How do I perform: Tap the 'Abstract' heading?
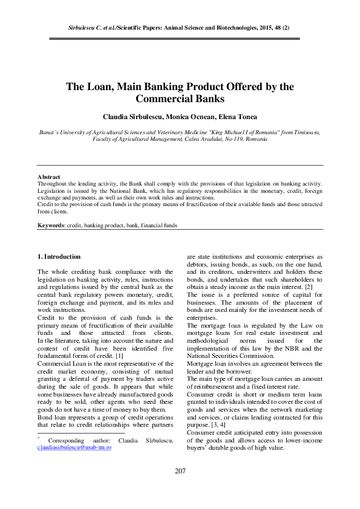pos(49,177)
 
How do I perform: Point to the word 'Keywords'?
pos(51,225)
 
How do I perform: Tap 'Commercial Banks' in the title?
pos(180,98)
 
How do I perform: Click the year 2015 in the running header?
pos(261,28)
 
